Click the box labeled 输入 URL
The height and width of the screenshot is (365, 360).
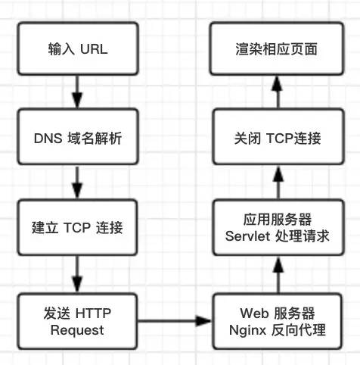pos(78,48)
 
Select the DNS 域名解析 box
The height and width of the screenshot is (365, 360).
pos(78,136)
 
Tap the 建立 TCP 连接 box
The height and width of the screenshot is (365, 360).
pos(77,227)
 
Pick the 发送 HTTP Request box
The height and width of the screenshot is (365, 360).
pos(77,321)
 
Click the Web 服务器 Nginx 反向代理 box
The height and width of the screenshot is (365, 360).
pos(278,321)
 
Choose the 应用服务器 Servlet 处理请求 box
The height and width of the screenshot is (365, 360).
pos(278,227)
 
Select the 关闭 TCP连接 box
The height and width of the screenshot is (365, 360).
pos(278,136)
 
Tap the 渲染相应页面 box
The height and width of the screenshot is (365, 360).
pos(277,48)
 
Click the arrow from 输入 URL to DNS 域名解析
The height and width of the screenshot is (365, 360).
pos(77,92)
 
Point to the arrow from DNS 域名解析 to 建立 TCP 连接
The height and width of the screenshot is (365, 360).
pos(77,182)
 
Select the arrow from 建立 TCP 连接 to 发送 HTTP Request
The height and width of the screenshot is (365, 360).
pos(77,274)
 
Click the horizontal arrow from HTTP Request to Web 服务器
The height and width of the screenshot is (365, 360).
pos(175,321)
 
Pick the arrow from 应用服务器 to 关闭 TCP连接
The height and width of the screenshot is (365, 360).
pos(278,182)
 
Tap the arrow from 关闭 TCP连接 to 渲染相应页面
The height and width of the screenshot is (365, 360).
pos(278,92)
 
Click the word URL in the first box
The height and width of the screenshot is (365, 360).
pos(94,48)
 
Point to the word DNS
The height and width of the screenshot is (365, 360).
pos(48,139)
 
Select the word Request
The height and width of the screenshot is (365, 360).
pos(77,331)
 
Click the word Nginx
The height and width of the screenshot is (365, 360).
pos(247,331)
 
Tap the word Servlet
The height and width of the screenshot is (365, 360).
pos(247,236)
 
